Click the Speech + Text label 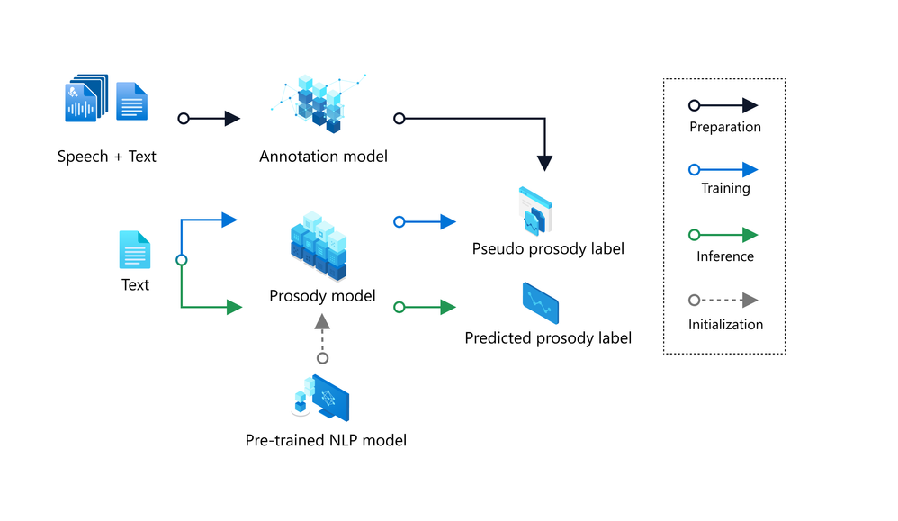pos(106,157)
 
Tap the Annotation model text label pos(323,157)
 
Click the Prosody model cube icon pos(319,244)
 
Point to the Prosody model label pos(322,295)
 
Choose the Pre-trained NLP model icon pos(321,397)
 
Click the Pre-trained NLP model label pos(326,440)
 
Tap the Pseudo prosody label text pos(548,248)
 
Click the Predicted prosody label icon pos(540,303)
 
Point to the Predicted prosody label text pos(548,338)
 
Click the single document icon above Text pos(135,249)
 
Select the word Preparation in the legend pos(724,127)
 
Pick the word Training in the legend pos(725,188)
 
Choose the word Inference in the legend pos(724,256)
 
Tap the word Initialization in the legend pos(725,324)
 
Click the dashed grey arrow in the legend pos(724,301)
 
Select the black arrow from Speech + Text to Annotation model pos(211,118)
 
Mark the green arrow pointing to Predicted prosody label pos(427,308)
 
